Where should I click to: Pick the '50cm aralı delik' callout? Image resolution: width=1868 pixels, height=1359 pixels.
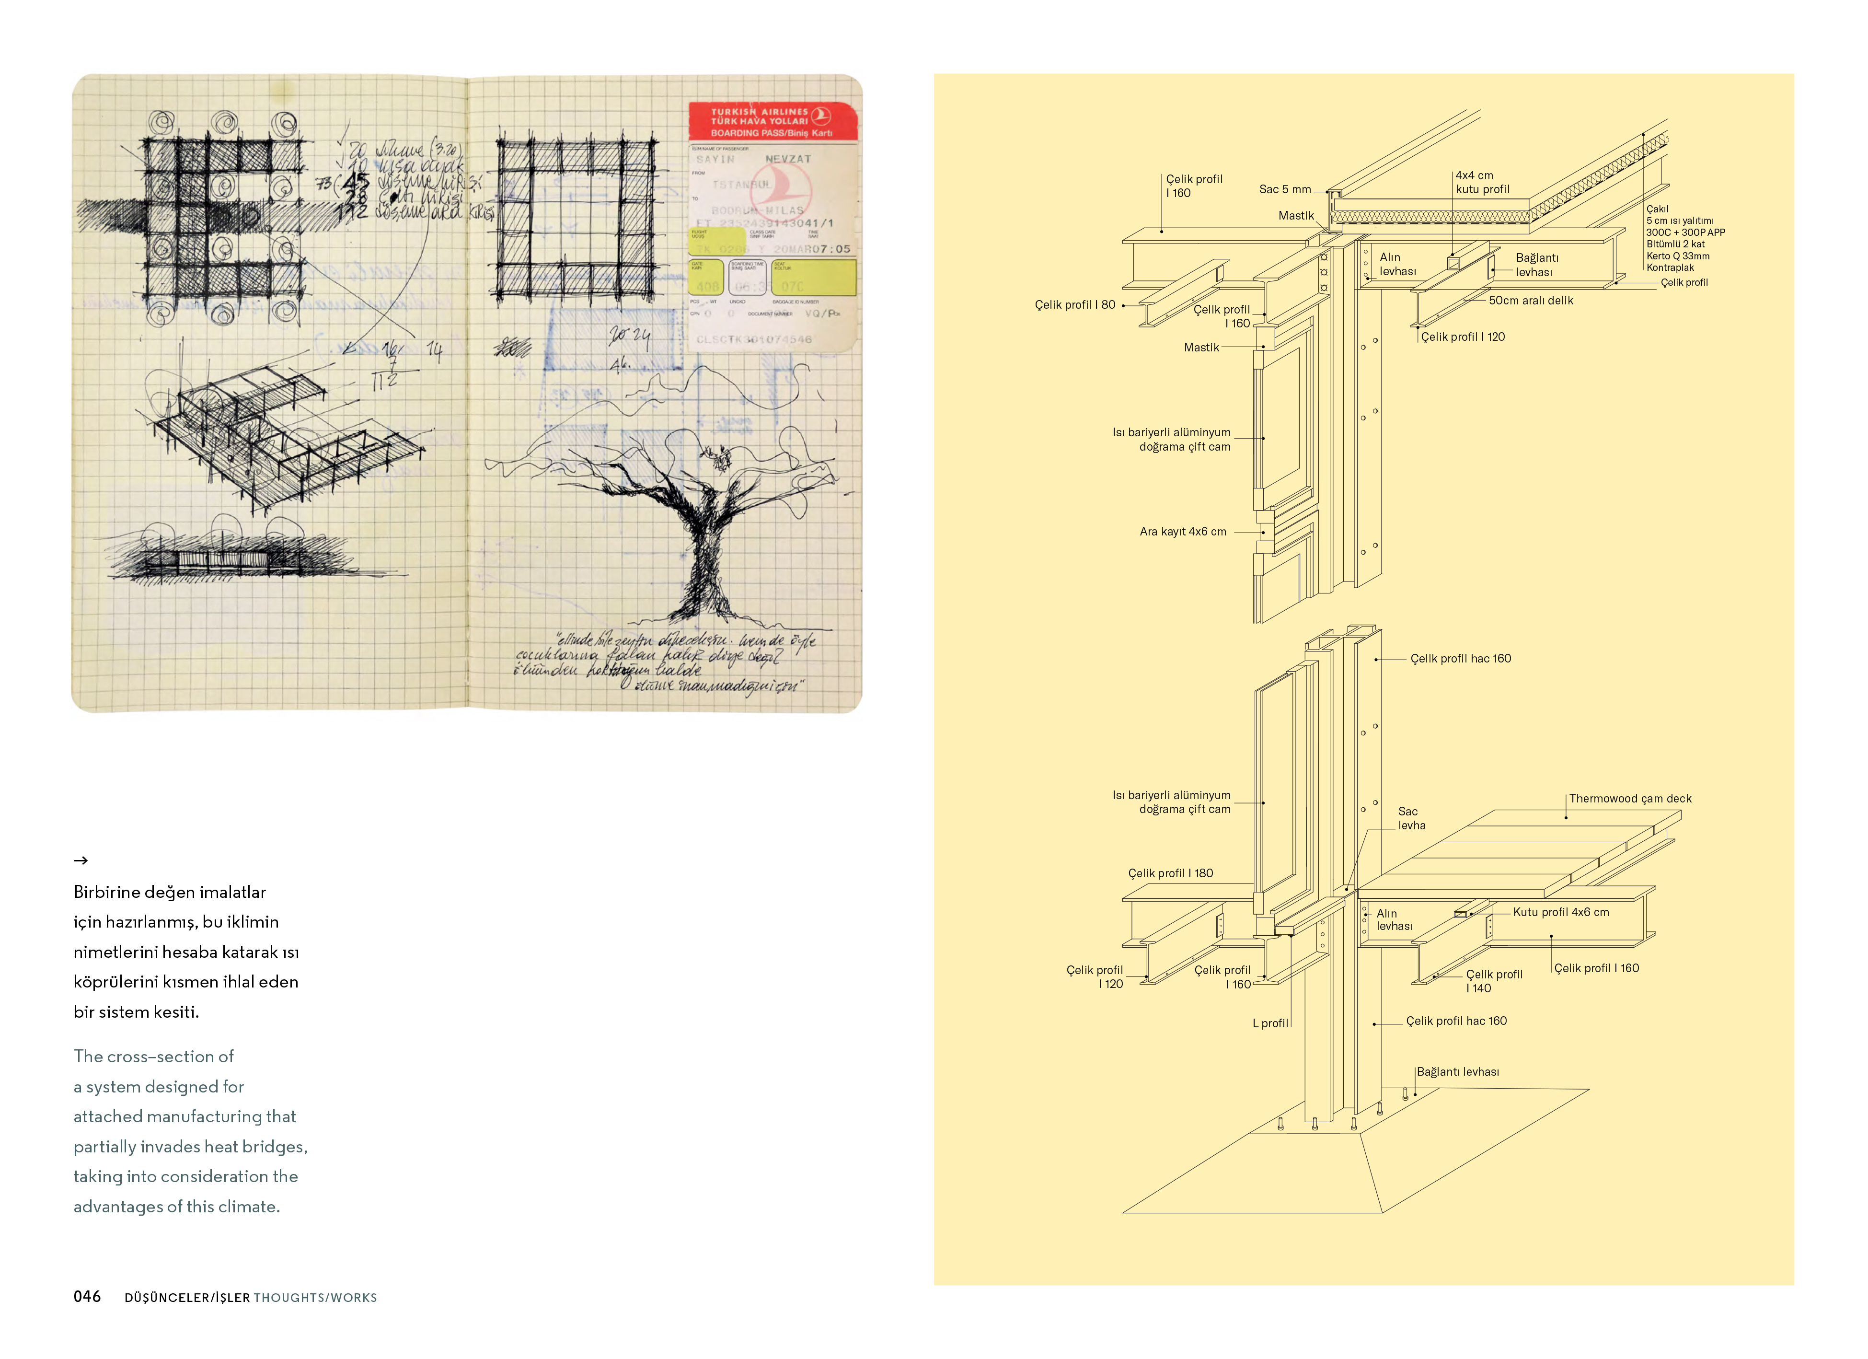1530,301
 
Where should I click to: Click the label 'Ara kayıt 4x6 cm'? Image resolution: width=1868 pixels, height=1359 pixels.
1183,532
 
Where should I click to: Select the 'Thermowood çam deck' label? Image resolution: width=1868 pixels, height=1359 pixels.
1630,799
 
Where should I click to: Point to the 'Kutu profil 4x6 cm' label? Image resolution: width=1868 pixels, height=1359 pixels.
1561,913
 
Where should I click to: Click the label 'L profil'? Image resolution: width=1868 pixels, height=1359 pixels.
1270,1024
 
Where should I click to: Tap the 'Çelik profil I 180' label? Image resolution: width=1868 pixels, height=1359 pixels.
1170,873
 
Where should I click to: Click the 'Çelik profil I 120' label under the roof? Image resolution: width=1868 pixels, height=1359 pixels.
1463,337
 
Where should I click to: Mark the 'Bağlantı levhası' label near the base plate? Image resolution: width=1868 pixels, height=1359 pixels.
1458,1072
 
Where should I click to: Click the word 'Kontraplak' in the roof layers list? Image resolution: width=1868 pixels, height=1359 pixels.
1670,267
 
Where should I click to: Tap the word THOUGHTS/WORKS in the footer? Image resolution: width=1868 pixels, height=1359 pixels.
315,1298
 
